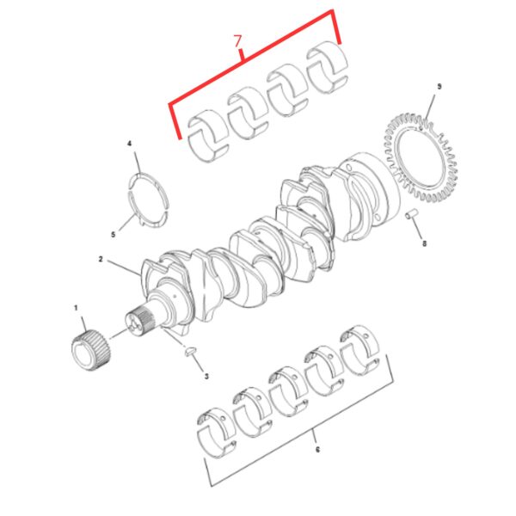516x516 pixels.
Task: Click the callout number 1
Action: pyautogui.click(x=76, y=308)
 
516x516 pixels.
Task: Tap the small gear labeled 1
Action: pyautogui.click(x=91, y=351)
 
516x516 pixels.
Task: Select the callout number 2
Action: pyautogui.click(x=101, y=260)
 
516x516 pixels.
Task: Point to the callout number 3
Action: pyautogui.click(x=206, y=376)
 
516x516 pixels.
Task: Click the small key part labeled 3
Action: pyautogui.click(x=191, y=351)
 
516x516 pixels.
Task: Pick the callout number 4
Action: pyautogui.click(x=130, y=144)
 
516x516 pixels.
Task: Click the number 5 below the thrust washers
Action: pyautogui.click(x=114, y=235)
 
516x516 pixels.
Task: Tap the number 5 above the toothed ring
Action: pyautogui.click(x=439, y=87)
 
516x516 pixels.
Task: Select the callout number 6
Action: pyautogui.click(x=317, y=450)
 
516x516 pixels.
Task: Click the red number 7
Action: pyautogui.click(x=238, y=41)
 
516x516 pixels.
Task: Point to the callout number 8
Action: pyautogui.click(x=425, y=243)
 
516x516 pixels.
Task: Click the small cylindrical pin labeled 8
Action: pyautogui.click(x=412, y=214)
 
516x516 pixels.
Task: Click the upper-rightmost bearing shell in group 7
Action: pyautogui.click(x=327, y=67)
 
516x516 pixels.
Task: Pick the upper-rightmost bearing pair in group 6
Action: pyautogui.click(x=359, y=350)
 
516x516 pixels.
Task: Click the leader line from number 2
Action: pyautogui.click(x=124, y=267)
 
